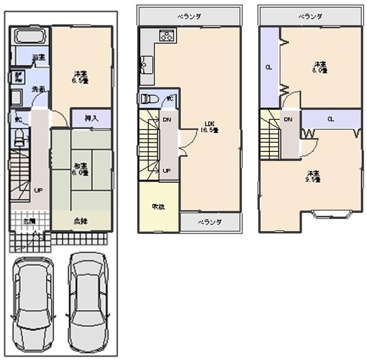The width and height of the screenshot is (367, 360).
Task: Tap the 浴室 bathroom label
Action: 39,57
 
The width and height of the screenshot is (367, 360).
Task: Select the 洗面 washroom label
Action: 38,89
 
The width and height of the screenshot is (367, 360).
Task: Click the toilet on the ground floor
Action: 19,138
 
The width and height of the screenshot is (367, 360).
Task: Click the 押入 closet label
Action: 91,118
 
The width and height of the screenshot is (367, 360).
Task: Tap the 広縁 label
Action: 80,221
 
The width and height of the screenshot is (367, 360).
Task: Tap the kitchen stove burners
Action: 167,36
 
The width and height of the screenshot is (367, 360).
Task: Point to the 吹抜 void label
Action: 158,207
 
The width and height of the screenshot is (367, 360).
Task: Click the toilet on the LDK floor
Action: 150,99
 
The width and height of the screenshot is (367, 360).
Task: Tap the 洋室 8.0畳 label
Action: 319,67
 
